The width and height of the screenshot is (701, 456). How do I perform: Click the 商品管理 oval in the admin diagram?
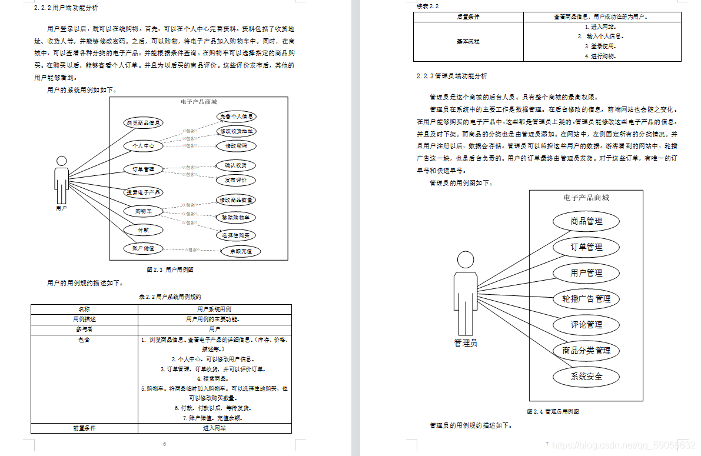tap(586, 221)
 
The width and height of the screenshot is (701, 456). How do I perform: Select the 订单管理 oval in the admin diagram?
tap(586, 247)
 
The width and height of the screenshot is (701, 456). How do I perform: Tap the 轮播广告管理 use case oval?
tap(586, 299)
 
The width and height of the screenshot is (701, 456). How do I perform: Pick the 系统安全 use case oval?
tap(586, 377)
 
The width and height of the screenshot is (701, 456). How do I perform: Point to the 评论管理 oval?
tap(586, 325)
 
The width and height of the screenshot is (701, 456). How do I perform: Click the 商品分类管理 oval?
tap(586, 351)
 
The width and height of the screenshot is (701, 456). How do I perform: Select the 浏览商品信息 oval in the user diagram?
tap(143, 123)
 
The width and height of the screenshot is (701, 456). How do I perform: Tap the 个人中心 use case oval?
tap(143, 145)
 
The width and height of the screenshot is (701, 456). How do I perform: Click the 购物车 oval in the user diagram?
tap(143, 211)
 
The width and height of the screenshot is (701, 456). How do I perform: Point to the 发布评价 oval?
tap(235, 180)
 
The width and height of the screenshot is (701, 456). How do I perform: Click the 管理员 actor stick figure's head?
tap(466, 259)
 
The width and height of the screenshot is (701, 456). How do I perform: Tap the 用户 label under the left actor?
tap(61, 208)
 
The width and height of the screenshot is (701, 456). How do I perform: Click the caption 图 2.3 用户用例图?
tap(170, 270)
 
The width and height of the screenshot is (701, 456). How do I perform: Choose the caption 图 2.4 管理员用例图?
tap(553, 411)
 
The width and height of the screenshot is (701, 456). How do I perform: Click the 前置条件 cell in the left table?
tap(84, 428)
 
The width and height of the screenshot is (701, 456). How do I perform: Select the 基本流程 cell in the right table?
tap(469, 42)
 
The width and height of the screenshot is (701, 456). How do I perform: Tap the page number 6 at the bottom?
tap(164, 444)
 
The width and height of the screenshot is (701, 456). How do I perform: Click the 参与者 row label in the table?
tap(84, 329)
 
